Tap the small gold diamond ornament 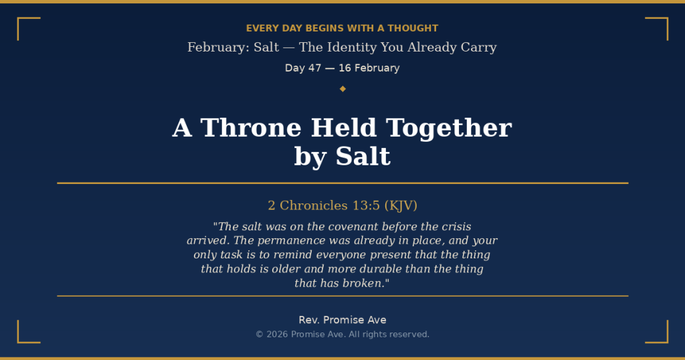tap(342, 88)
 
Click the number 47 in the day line tap(314, 68)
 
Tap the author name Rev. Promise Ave tap(342, 320)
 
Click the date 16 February tap(369, 68)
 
